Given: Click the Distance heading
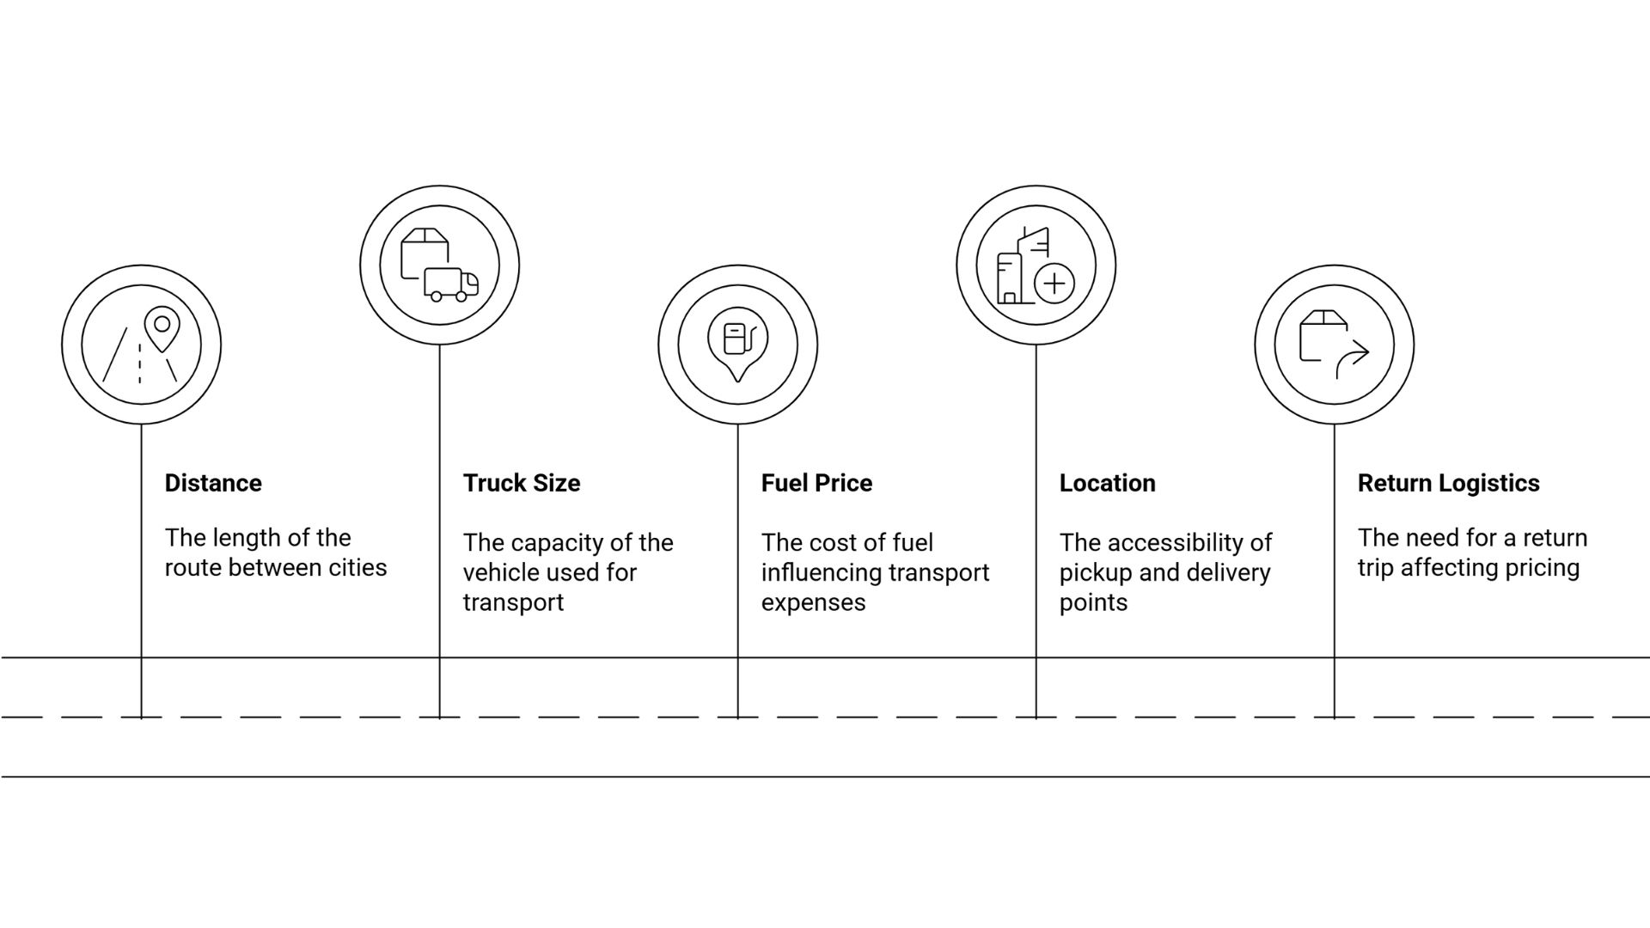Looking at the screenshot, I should (213, 483).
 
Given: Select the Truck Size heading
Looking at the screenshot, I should (522, 483).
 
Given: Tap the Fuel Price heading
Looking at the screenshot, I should (816, 483).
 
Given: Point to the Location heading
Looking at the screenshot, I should (1107, 483).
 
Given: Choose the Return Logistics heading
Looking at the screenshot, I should (1448, 483).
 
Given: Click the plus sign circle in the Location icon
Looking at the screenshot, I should (1054, 284).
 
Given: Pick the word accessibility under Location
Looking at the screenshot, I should (1176, 543).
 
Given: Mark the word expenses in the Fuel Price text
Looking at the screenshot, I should (813, 602).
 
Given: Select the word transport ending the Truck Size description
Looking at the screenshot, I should (513, 602).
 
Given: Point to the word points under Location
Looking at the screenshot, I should (1093, 602).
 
